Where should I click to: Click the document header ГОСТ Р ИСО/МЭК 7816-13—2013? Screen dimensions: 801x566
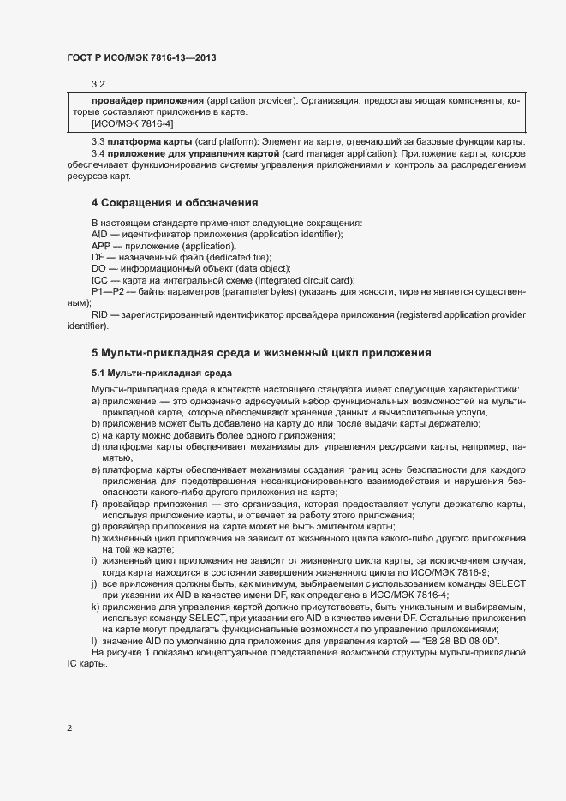pos(140,58)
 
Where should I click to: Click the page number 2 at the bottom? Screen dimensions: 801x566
pos(69,728)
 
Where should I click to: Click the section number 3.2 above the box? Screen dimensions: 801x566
pos(98,84)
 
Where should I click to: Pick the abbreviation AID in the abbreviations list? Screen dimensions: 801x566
pos(100,234)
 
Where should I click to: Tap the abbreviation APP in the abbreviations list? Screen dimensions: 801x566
pos(101,246)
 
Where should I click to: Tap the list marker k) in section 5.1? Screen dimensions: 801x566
pos(95,607)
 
